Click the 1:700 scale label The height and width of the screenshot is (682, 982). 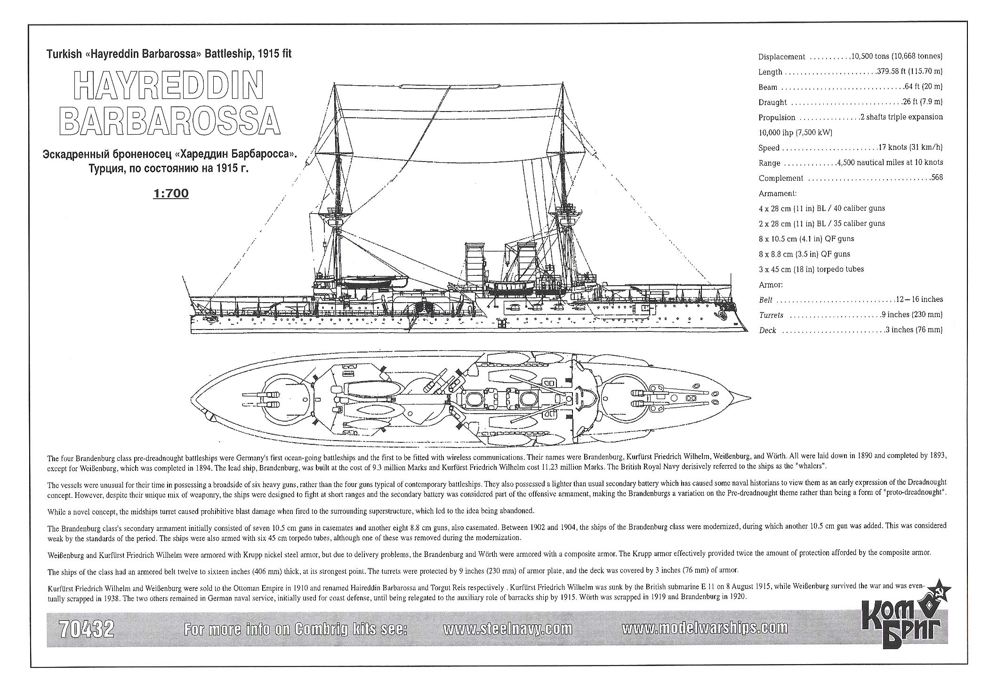[171, 193]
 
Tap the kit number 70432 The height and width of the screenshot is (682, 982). [87, 629]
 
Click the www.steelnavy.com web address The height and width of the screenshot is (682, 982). [508, 629]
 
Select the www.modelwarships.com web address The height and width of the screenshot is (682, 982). [705, 628]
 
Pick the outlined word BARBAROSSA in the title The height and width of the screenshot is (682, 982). [170, 121]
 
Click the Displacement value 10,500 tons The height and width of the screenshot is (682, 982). [869, 56]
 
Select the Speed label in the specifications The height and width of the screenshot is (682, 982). [769, 148]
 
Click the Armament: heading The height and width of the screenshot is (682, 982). [778, 193]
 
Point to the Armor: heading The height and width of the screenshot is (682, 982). [771, 285]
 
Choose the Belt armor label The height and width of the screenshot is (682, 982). [765, 300]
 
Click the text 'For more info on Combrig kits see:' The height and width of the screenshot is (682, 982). [296, 629]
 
